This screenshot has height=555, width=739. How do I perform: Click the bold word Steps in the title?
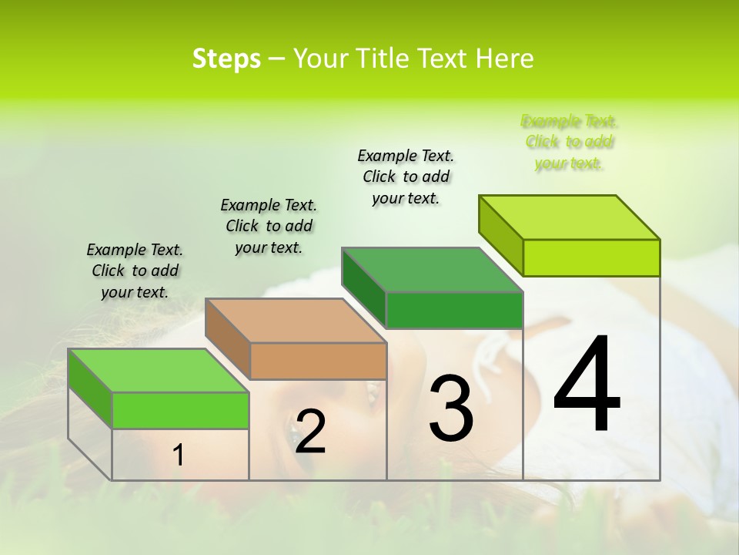pos(226,59)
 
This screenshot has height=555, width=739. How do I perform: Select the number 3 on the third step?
pos(451,407)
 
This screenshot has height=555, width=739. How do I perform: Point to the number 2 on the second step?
pos(310,431)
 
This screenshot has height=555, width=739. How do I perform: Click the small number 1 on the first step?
pos(179,456)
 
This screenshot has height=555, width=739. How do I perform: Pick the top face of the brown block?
pos(296,320)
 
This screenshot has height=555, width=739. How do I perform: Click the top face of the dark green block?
pos(433,270)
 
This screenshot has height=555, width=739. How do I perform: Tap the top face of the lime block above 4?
pos(570,217)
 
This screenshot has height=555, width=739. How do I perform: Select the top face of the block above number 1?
pos(159,371)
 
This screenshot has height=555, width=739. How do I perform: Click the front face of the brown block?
pos(318,361)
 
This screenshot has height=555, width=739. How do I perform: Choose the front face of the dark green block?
pos(454,310)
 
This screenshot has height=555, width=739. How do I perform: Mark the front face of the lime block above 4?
pos(591,257)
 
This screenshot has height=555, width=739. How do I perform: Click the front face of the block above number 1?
pos(180,410)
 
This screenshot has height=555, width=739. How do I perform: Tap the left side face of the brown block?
pos(228,338)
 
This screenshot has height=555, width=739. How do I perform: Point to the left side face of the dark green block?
pos(364,288)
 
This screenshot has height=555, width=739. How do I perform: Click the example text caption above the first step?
pos(135,271)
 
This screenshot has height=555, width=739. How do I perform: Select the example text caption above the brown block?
pos(269,226)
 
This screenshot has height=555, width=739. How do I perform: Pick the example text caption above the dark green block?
pos(406,177)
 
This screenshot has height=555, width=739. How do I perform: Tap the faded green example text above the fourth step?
pos(569,142)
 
